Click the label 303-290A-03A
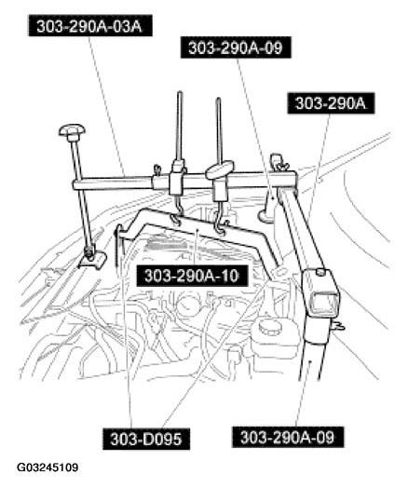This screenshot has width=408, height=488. click(90, 26)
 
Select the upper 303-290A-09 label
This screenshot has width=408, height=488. click(236, 47)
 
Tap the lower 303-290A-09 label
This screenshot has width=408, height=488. click(288, 438)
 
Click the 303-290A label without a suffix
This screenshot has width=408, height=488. click(331, 103)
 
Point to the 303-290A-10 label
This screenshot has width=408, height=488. click(192, 276)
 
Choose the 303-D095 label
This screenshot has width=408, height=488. click(146, 440)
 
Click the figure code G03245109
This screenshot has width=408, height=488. click(48, 468)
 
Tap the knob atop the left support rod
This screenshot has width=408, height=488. click(72, 131)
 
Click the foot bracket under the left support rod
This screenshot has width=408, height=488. click(92, 259)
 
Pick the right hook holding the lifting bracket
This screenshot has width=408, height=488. click(220, 219)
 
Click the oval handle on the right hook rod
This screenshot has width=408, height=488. click(220, 169)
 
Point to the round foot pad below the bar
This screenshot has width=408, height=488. click(266, 216)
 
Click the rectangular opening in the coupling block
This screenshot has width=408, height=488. click(324, 302)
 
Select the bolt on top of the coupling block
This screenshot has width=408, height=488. click(320, 273)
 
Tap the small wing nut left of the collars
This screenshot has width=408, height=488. click(157, 169)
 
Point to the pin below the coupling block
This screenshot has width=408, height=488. click(338, 326)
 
